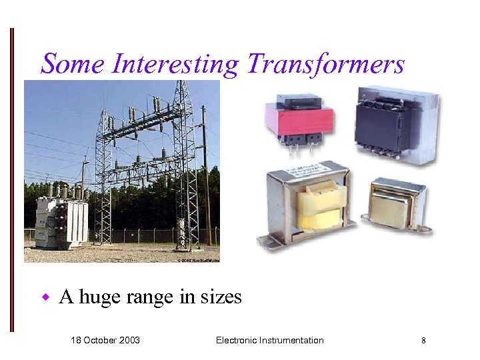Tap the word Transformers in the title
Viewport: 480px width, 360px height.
(325, 64)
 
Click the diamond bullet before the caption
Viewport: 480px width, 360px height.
(46, 296)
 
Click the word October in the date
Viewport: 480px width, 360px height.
(101, 340)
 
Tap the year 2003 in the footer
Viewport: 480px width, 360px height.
(129, 340)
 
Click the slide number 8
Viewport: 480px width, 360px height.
(423, 341)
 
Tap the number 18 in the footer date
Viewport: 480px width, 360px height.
(76, 340)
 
